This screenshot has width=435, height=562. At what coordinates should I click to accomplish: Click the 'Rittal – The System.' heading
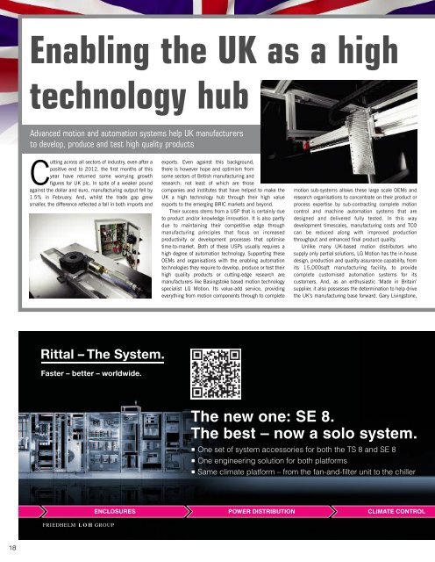coord(102,357)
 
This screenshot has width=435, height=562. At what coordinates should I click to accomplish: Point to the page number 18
coord(7,548)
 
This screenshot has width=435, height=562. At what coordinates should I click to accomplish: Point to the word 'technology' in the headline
coord(102,96)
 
